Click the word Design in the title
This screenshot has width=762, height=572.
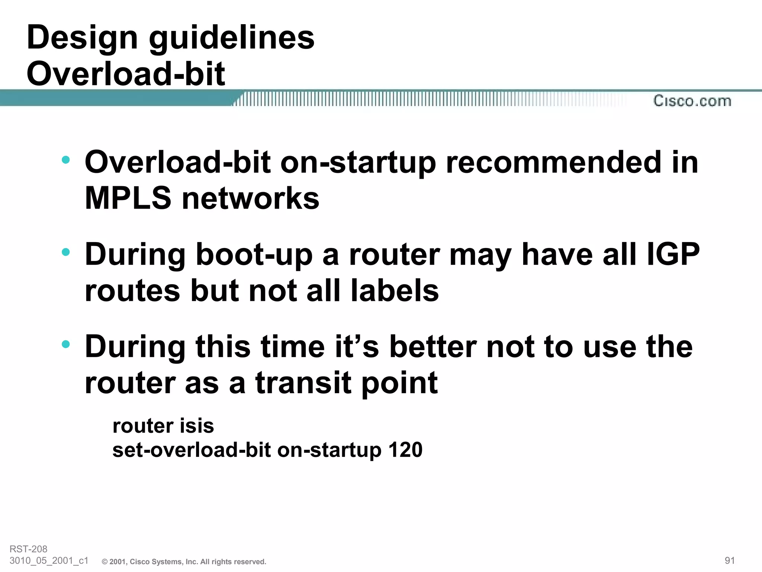coord(82,38)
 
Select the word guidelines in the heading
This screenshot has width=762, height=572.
coord(231,38)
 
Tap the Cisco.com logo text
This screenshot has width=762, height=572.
coord(692,101)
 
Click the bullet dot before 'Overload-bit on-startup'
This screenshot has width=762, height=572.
coord(66,160)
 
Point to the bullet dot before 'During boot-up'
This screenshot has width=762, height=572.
coord(66,252)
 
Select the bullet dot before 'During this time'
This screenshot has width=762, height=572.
coord(66,344)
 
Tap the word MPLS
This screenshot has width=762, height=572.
coord(128,198)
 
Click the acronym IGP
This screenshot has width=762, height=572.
coord(673,254)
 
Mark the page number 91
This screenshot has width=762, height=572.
coord(730,560)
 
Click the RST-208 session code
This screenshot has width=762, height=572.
coord(29,549)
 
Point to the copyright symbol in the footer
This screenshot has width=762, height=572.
coord(105,562)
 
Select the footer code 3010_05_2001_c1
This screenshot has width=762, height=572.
coord(49,560)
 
